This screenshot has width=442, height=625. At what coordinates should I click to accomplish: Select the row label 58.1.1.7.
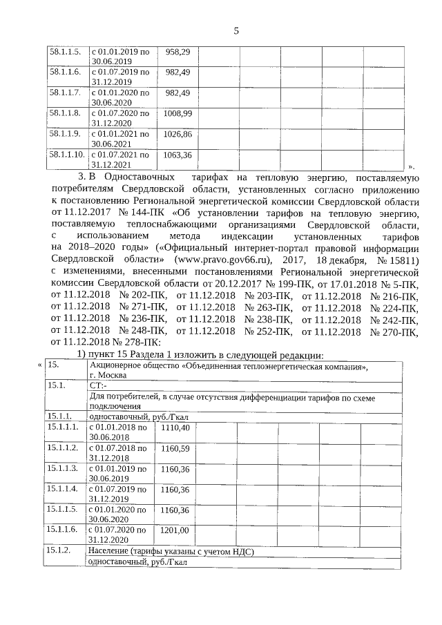pos(65,92)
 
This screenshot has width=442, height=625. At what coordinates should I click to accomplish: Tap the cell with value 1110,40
pos(175,427)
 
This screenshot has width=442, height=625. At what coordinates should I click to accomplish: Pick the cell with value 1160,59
pos(175,448)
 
